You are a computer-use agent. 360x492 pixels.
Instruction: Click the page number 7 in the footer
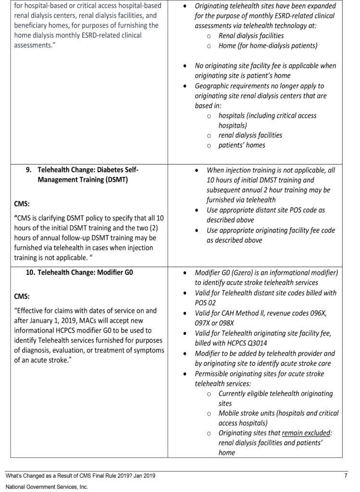[346, 476]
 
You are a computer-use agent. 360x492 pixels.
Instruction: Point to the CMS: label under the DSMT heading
[23, 203]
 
